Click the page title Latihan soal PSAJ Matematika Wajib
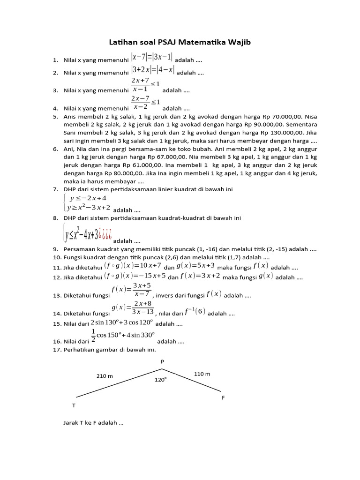click(180, 43)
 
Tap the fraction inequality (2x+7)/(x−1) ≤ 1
click(145, 85)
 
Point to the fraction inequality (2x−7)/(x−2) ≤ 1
click(145, 102)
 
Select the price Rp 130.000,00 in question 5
click(286, 133)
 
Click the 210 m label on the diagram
click(105, 376)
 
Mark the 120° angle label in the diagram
click(161, 380)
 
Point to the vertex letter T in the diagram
click(74, 405)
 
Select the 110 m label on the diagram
click(202, 374)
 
